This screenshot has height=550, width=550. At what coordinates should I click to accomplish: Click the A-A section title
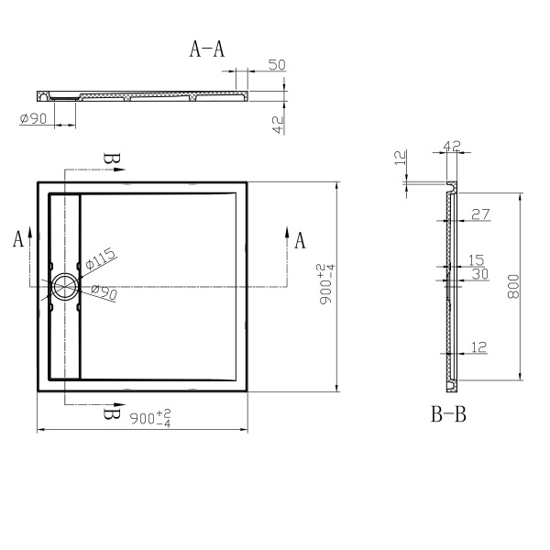point(207,49)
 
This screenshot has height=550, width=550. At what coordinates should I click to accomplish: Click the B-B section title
point(449,415)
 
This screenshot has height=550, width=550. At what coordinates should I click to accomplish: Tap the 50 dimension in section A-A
point(277,64)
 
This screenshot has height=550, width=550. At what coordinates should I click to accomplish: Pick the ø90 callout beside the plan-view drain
point(103,292)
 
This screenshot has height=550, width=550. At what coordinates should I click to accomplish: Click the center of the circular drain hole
point(66,287)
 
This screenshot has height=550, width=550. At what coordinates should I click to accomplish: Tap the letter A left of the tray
point(17,240)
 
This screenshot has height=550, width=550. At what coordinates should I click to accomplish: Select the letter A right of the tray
point(299,241)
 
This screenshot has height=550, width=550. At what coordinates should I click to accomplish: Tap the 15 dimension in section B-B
point(477,260)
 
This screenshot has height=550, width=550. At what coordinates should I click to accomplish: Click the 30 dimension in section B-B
point(478,274)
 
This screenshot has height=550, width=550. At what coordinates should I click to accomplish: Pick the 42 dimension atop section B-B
point(451,146)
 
